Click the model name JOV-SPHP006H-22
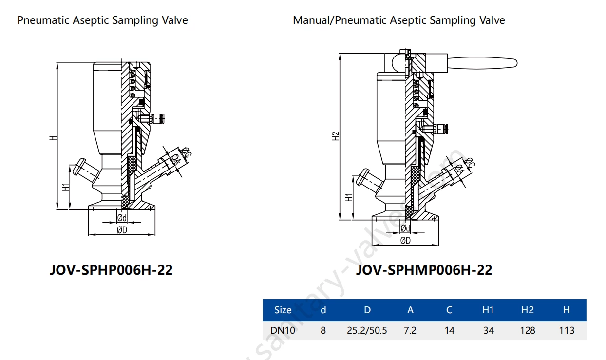coord(111,270)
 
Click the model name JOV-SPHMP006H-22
coord(424,270)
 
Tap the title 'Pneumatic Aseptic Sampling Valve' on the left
coord(102,20)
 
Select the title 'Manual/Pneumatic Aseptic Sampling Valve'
coord(398,20)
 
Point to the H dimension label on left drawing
coord(53,138)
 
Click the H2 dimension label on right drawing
coord(336,136)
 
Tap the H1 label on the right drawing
coord(349,197)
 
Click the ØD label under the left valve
coord(122,230)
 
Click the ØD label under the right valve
coord(405,240)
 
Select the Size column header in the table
coord(283,310)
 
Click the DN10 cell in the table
coord(283,330)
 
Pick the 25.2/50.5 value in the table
coord(367,330)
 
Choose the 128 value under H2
coord(528,330)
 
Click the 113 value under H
coord(567,330)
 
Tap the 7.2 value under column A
coord(410,330)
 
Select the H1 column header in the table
coord(488,310)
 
